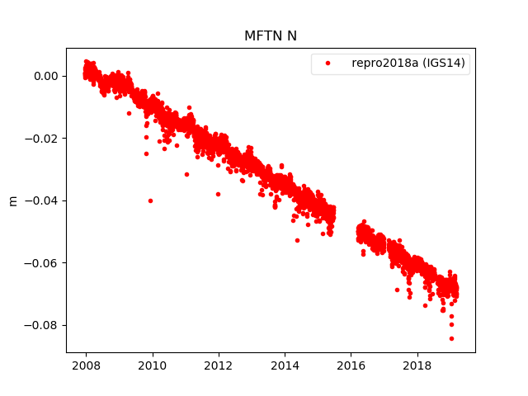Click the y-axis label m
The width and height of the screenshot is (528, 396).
pos(12,200)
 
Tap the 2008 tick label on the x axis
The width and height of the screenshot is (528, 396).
pos(86,365)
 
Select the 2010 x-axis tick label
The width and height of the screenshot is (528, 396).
pos(152,365)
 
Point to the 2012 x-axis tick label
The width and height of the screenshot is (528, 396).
pos(219,365)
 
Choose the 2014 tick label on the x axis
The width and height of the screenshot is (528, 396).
pos(285,365)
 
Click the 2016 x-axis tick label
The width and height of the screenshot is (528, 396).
pos(351,365)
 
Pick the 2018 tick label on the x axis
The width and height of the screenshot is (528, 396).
pos(418,365)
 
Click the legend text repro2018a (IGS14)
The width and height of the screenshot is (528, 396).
pos(410,64)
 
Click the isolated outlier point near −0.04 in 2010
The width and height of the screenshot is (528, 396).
pos(150,200)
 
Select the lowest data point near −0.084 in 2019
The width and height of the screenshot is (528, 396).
pos(451,338)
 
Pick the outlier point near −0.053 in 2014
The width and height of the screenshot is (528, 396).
pos(297,240)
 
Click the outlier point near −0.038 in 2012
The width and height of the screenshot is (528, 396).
pos(218,194)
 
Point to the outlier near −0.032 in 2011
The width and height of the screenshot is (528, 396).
pos(186,174)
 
